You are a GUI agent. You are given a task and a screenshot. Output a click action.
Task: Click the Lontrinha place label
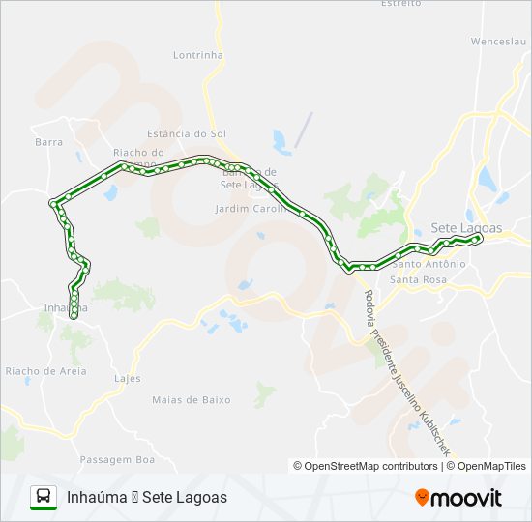(x=198, y=55)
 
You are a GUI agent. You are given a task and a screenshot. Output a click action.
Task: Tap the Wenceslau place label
(x=497, y=42)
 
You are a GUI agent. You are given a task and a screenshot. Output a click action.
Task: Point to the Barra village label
(x=48, y=141)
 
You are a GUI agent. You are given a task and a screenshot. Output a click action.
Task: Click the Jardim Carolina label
(x=246, y=208)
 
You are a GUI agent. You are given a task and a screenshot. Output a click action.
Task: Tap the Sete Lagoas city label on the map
(x=466, y=227)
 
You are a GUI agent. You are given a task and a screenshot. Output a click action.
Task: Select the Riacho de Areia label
(x=45, y=370)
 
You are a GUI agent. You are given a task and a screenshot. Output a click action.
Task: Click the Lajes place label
(x=127, y=378)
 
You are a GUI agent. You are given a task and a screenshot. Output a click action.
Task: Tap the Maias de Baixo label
(x=191, y=398)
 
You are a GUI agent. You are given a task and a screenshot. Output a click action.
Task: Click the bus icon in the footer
(x=44, y=497)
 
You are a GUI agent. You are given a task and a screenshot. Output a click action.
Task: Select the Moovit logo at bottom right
(x=458, y=498)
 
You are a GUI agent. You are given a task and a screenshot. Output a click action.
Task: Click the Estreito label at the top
(x=400, y=4)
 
